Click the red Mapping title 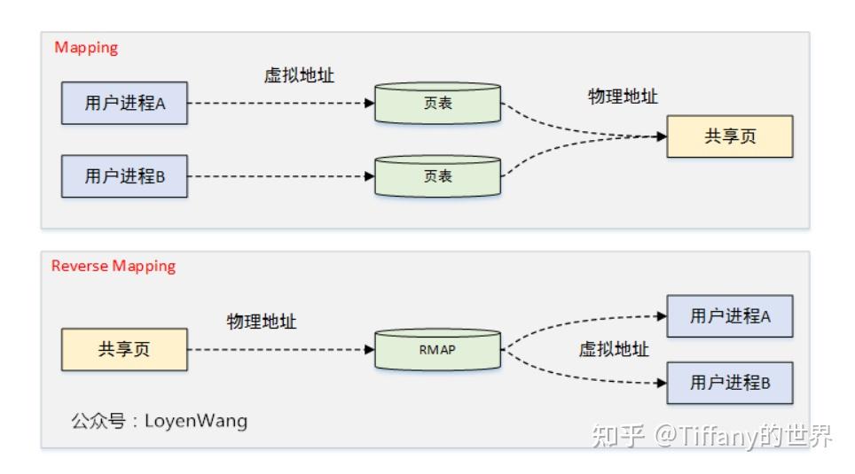86,48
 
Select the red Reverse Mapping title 114,266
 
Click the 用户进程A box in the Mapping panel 124,103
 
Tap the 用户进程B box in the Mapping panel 124,176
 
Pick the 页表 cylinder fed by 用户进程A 437,103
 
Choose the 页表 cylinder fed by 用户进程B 437,176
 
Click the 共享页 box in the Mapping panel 730,136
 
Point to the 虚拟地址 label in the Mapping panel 299,75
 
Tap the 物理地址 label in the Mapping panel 623,97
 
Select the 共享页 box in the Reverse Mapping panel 124,349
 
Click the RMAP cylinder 437,349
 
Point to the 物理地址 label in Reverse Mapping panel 262,322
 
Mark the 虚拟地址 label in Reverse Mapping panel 614,349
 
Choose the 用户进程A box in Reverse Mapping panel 730,316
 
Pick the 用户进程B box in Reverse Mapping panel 730,383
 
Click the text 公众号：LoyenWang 160,421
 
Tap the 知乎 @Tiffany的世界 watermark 711,436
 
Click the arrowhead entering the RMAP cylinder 370,349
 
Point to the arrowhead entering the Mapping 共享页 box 662,136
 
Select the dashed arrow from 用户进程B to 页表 281,176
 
